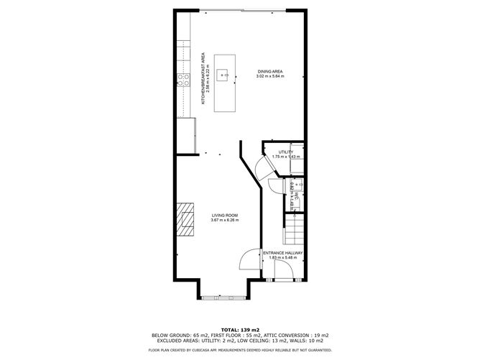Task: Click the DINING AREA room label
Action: pyautogui.click(x=271, y=71)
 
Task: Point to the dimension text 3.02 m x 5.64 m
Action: pyautogui.click(x=271, y=76)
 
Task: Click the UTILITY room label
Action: pyautogui.click(x=286, y=152)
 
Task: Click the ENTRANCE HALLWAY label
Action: pyautogui.click(x=282, y=253)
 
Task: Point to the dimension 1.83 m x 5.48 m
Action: pyautogui.click(x=282, y=258)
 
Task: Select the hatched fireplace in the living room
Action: pyautogui.click(x=188, y=219)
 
